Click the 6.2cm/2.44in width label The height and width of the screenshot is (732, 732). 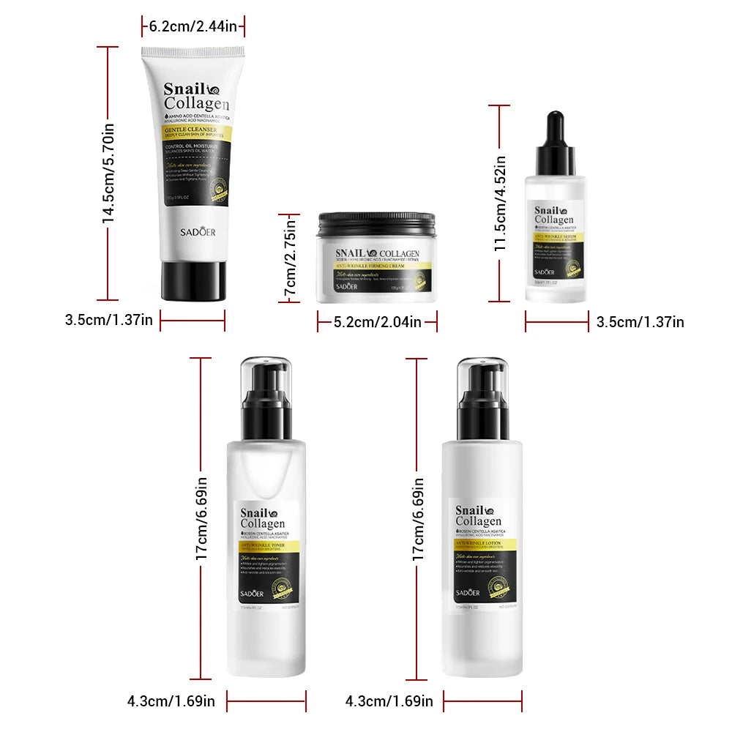coord(193,26)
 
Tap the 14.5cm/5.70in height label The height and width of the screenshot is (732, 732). coord(108,173)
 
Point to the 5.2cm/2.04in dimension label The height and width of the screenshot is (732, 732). coord(377,321)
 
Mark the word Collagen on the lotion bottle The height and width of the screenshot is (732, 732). coord(478,522)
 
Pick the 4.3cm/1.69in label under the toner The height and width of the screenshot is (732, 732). coord(171,701)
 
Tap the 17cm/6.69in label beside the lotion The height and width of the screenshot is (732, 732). coord(418,520)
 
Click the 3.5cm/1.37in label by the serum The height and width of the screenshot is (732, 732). coord(640,321)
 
